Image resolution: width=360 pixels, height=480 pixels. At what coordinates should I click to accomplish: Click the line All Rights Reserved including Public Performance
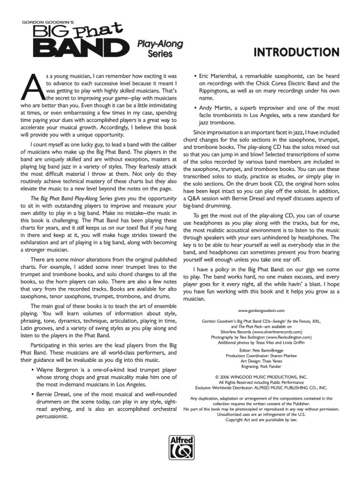click(x=260, y=382)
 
